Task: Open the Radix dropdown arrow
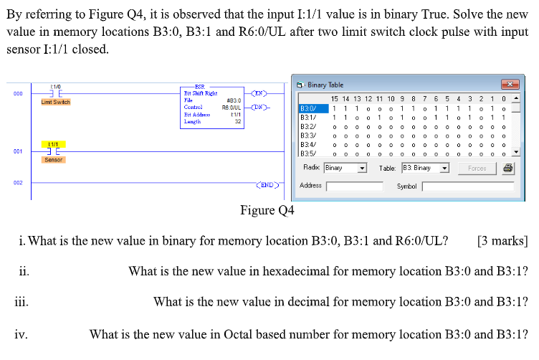(363, 169)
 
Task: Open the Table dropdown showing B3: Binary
(444, 169)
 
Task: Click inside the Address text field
(355, 186)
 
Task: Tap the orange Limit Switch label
(54, 103)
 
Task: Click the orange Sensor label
(54, 159)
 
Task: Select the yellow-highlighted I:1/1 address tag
(54, 144)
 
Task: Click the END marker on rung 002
(267, 184)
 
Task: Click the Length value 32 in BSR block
(237, 122)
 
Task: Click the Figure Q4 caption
(267, 210)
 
